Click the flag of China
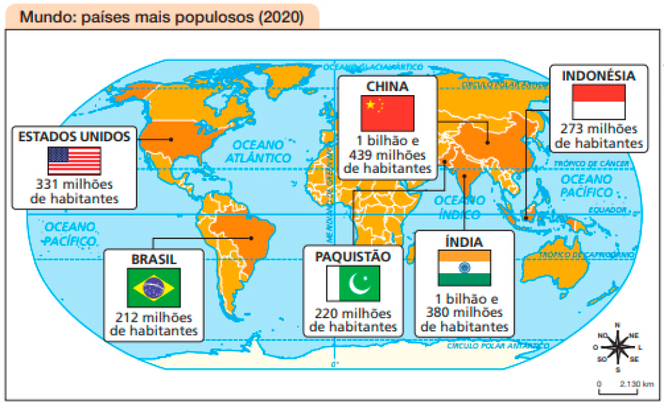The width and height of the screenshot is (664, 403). (388, 113)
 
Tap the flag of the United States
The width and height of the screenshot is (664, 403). (74, 161)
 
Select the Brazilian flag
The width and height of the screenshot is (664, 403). (154, 287)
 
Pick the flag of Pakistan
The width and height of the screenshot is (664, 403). (353, 283)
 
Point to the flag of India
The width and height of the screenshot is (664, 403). (464, 267)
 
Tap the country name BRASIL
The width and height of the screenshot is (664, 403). (154, 260)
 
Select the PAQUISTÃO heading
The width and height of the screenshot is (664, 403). (353, 256)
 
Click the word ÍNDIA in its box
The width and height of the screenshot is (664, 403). (464, 241)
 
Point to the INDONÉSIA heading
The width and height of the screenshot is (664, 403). (598, 75)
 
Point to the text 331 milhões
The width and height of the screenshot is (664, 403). (75, 184)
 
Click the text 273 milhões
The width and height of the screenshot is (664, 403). (599, 130)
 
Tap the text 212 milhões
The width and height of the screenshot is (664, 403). (154, 317)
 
